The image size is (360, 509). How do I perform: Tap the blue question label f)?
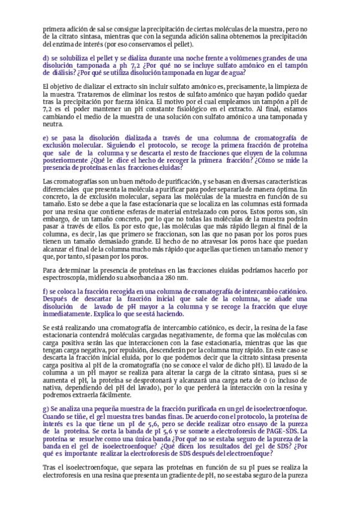(x=46, y=291)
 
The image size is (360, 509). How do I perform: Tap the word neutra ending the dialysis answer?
(x=52, y=124)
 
